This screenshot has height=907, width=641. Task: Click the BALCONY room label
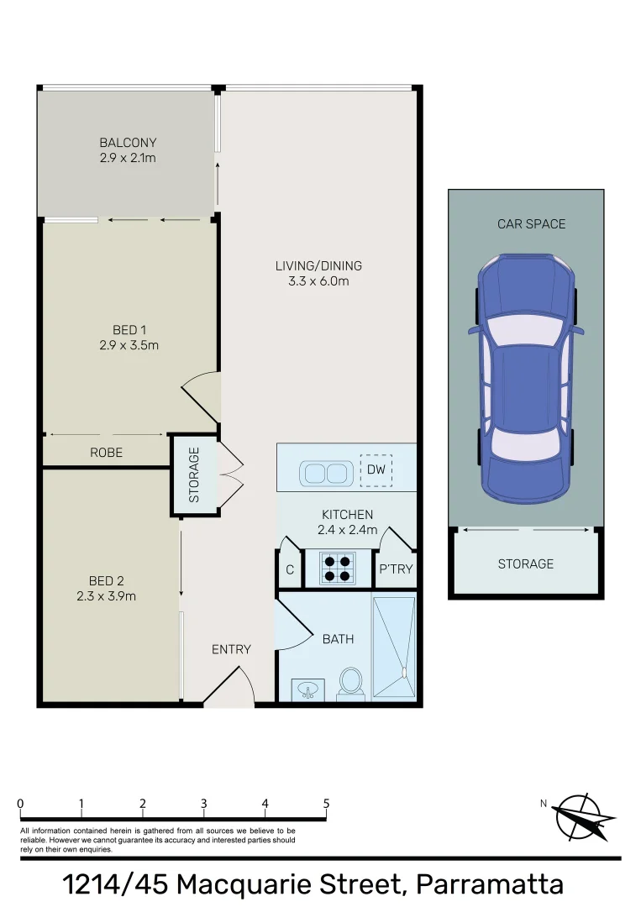(128, 143)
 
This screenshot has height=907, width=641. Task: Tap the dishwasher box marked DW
(376, 470)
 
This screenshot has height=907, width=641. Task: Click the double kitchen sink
(325, 473)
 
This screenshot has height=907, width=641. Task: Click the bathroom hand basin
(308, 690)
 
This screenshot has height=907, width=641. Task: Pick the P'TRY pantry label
(397, 569)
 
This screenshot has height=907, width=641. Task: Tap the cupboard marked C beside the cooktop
(290, 569)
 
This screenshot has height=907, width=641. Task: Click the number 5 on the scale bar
(326, 804)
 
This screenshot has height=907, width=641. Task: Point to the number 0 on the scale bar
(20, 804)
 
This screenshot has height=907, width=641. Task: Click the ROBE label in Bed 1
(107, 453)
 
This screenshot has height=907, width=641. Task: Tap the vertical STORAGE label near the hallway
(194, 475)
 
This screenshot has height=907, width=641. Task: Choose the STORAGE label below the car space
(526, 564)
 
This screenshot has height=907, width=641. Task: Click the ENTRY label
(231, 649)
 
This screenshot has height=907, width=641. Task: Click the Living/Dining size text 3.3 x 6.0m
(318, 281)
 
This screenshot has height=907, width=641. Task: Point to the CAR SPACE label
(532, 223)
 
